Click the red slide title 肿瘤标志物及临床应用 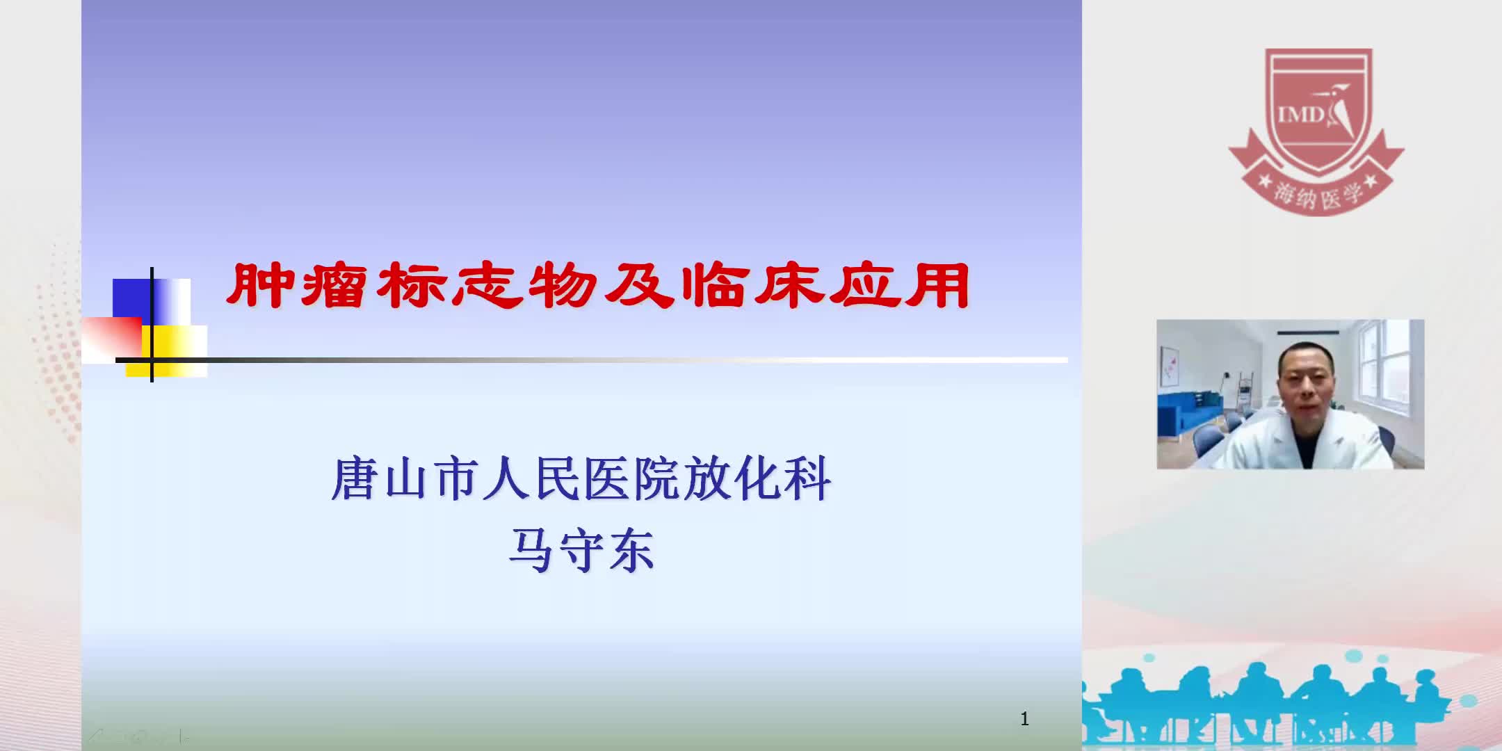tap(598, 286)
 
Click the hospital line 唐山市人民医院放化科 tap(581, 478)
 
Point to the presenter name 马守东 tap(581, 551)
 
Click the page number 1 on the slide tap(1024, 718)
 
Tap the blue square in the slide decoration tap(132, 298)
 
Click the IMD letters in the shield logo tap(1299, 113)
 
